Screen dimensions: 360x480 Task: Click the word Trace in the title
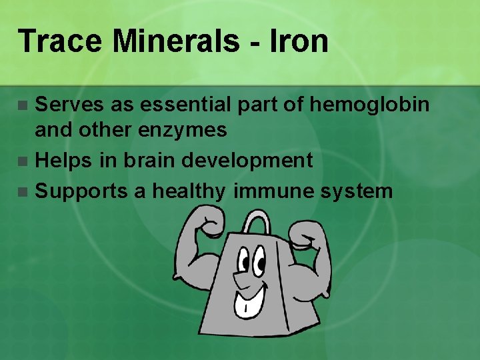point(60,41)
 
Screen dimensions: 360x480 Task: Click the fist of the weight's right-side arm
point(307,233)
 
